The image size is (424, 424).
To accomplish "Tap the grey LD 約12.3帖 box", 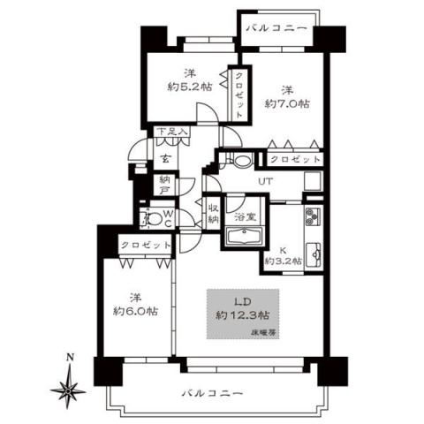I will coord(242,311).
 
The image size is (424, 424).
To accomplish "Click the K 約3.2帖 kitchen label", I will coord(284,256).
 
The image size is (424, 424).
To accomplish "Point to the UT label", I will coord(264,181).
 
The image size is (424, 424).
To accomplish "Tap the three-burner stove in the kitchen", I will coord(314,217).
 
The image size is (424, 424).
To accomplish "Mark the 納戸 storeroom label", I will coord(164,184).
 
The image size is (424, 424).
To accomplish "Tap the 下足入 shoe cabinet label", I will coord(172,133).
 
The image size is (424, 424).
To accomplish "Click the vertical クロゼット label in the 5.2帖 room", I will coord(239,94).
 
